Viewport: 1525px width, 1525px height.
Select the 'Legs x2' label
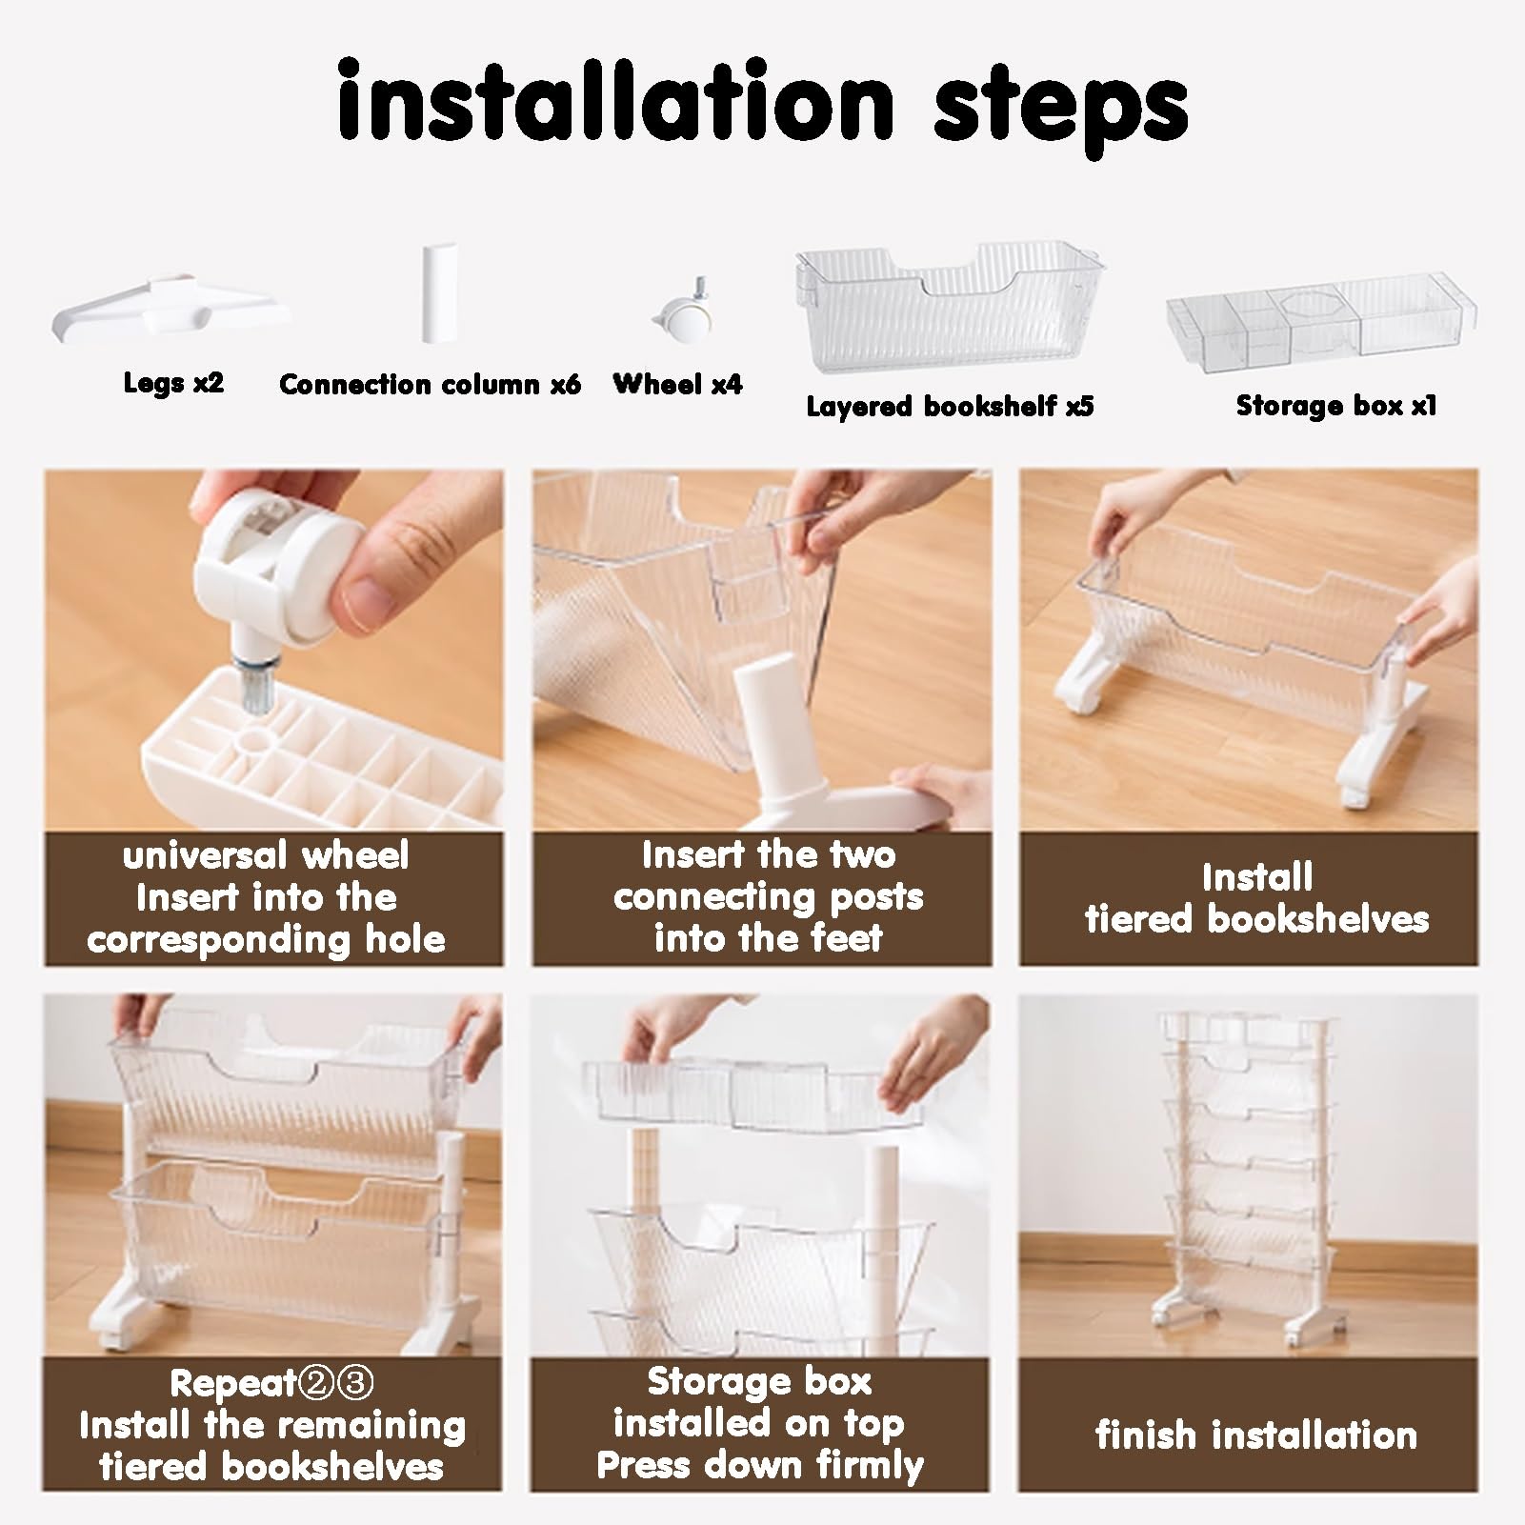[173, 383]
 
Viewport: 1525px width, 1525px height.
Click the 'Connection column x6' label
[430, 384]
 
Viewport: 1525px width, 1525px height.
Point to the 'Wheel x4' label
[677, 384]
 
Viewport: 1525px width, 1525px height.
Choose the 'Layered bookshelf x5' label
[950, 406]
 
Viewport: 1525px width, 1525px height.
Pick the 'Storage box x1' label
[1335, 405]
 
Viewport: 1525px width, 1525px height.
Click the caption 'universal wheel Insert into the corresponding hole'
[267, 897]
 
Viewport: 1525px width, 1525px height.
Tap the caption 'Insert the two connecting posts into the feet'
[768, 896]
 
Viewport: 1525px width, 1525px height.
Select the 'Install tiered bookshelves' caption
[1256, 897]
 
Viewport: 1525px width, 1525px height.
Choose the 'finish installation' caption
[1255, 1434]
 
